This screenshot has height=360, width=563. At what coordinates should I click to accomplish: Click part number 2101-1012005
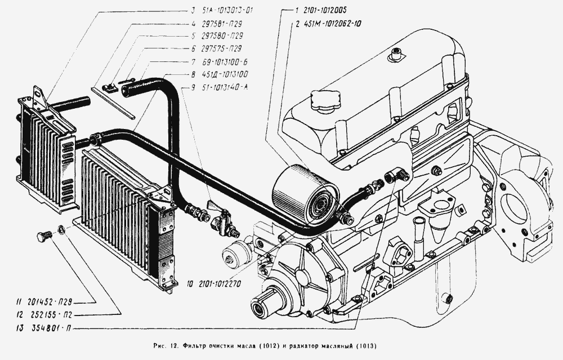(325, 10)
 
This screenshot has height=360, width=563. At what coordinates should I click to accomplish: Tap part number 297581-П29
(221, 24)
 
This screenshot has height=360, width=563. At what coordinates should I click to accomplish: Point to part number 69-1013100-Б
(225, 62)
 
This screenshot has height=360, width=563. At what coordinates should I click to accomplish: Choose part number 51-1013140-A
(225, 87)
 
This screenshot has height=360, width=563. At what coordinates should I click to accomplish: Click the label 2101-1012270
(218, 284)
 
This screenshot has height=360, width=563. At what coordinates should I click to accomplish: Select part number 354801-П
(50, 328)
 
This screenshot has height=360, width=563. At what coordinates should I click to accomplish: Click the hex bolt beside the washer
(44, 238)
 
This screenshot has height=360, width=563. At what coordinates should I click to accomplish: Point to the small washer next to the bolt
(61, 229)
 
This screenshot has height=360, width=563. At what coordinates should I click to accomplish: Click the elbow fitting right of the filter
(397, 175)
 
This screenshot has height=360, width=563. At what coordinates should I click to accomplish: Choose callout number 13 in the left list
(20, 328)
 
